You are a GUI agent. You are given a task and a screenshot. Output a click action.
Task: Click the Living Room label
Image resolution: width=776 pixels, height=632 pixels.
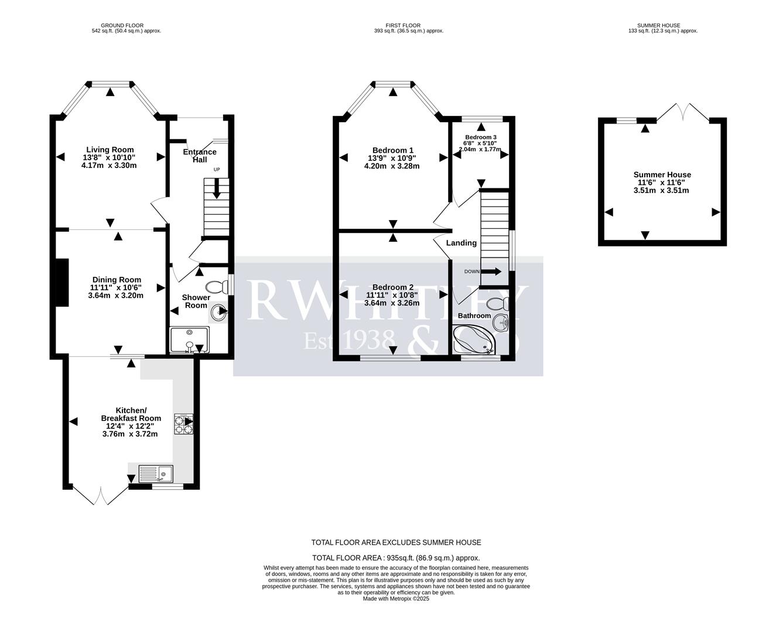click(x=110, y=150)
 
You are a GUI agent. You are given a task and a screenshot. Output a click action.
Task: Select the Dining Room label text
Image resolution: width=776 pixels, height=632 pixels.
click(x=116, y=280)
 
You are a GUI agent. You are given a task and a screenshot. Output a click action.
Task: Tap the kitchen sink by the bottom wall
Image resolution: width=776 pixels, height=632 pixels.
click(x=156, y=473)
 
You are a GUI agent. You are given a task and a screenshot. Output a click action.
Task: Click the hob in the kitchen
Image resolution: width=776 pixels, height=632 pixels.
click(x=183, y=424)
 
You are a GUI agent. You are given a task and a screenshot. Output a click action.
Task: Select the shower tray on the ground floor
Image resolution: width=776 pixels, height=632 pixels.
click(x=188, y=340)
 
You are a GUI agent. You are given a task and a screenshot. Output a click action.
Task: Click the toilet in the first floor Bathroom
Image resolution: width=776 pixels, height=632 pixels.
click(x=497, y=304)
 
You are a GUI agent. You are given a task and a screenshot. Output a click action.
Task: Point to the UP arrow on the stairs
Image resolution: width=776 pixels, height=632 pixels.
click(x=217, y=188)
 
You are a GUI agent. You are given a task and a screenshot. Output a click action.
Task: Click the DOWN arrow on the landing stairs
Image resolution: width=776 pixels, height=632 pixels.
click(x=491, y=272)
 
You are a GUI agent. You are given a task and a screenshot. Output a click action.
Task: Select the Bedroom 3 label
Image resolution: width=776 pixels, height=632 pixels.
click(x=481, y=137)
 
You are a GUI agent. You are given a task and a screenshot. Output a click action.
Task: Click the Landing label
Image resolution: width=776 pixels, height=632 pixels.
click(x=462, y=243)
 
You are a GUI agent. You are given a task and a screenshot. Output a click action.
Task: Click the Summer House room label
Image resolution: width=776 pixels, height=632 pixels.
click(x=662, y=174)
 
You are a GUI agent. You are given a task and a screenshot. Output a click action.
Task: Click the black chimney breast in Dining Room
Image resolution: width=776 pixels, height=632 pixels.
click(x=61, y=282)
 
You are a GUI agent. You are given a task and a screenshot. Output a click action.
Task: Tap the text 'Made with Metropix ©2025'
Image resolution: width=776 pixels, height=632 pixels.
click(x=396, y=599)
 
